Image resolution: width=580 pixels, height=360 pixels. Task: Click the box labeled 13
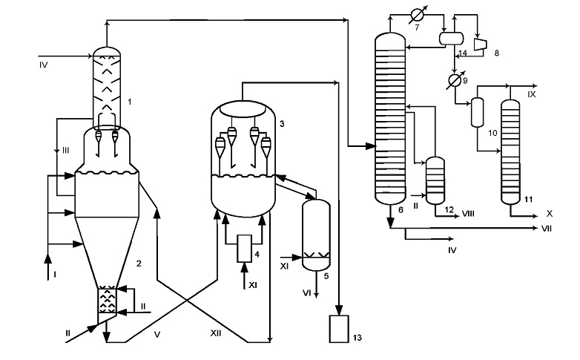(x=339, y=329)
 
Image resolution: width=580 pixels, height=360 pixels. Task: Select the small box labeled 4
(x=244, y=248)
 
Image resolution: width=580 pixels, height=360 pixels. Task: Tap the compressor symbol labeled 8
(x=481, y=44)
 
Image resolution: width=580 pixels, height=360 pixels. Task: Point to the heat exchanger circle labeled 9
(x=454, y=80)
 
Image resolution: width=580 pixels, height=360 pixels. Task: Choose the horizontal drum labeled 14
(x=451, y=38)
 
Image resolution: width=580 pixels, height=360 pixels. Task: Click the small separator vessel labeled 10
(x=477, y=112)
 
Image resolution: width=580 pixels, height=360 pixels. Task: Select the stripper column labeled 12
(x=435, y=180)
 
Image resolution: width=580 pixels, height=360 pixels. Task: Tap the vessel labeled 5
(x=316, y=235)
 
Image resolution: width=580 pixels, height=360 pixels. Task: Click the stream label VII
(x=547, y=229)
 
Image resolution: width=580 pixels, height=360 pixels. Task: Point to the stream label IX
(x=531, y=94)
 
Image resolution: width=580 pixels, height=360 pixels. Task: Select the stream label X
(x=550, y=214)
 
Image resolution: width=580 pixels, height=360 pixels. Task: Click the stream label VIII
(x=468, y=214)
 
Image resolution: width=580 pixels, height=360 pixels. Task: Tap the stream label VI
(x=306, y=293)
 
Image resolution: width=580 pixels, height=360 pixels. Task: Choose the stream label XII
(x=216, y=333)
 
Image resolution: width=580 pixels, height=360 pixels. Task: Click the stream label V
(x=157, y=335)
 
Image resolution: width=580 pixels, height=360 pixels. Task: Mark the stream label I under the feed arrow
(x=55, y=275)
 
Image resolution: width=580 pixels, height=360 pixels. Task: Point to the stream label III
(x=65, y=151)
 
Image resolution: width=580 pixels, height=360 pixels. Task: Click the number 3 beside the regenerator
(x=282, y=124)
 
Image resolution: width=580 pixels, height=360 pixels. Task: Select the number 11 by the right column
(x=529, y=199)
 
